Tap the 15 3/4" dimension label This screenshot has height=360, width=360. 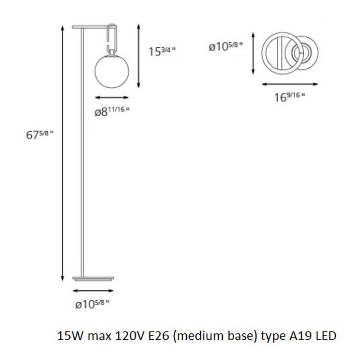pos(162,51)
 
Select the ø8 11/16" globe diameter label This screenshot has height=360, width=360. pos(112,112)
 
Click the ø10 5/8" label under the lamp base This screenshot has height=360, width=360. pos(93,305)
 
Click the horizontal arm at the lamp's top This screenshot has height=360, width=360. pos(92,26)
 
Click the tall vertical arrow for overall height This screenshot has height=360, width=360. pos(62,153)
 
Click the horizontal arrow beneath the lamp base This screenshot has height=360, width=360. pos(93,291)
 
